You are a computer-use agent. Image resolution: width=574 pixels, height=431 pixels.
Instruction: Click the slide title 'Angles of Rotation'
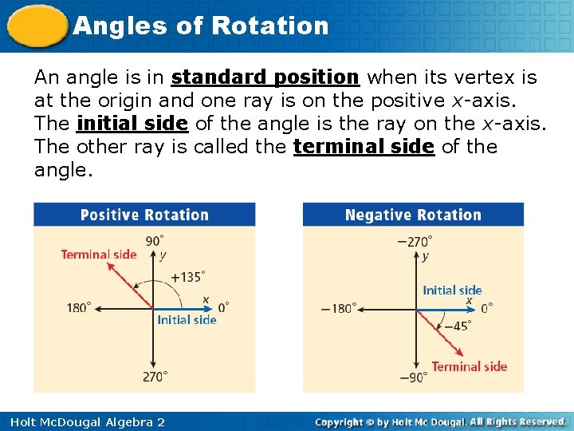[x=200, y=26]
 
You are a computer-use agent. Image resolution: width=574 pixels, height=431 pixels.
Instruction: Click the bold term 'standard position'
[x=265, y=77]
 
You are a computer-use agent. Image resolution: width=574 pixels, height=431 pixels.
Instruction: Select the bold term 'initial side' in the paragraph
[x=132, y=124]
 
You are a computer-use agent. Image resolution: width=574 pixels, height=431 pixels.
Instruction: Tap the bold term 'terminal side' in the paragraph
[x=364, y=147]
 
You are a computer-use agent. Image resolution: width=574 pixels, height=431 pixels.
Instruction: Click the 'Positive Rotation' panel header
[x=144, y=215]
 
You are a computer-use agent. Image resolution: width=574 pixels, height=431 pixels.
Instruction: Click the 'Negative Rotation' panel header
[x=413, y=215]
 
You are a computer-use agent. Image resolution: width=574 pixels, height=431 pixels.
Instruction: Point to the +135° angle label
[x=188, y=277]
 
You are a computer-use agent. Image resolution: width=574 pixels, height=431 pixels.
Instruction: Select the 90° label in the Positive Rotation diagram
[x=155, y=240]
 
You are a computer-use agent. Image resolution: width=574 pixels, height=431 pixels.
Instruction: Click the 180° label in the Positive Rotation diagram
[x=79, y=307]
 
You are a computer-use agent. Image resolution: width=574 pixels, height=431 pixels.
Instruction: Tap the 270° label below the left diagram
[x=155, y=377]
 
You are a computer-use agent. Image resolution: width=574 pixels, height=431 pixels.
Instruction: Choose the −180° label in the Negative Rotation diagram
[x=339, y=308]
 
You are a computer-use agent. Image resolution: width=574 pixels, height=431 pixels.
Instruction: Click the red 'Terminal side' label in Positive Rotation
[x=99, y=255]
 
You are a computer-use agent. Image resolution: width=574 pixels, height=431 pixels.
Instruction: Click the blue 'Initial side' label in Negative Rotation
[x=452, y=291]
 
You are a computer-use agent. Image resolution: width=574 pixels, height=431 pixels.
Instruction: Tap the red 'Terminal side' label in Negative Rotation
[x=469, y=366]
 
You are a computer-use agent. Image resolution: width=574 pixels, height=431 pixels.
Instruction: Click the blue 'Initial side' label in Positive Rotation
[x=187, y=320]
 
